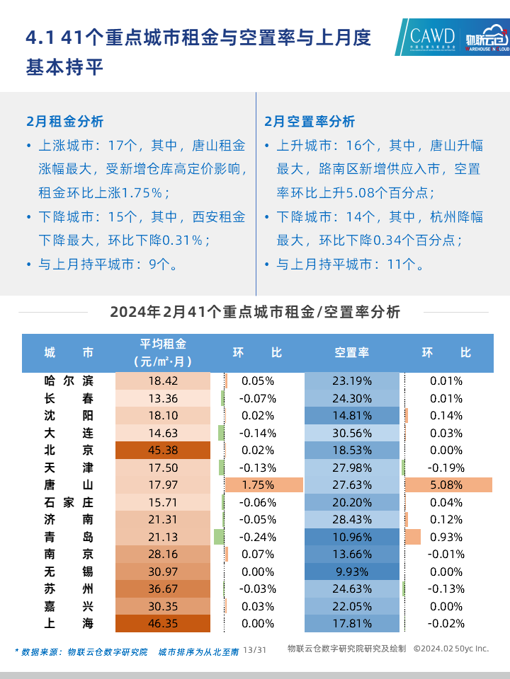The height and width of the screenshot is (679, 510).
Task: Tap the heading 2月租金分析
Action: [64, 121]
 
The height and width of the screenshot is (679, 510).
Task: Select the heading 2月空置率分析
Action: [310, 121]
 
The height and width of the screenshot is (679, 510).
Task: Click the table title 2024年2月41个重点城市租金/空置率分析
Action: [255, 312]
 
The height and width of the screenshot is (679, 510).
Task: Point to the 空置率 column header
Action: [352, 352]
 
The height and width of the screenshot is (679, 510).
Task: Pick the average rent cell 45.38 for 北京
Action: [163, 450]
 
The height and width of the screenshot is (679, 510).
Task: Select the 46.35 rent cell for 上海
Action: [163, 623]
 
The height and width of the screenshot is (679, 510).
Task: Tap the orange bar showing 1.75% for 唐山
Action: [263, 484]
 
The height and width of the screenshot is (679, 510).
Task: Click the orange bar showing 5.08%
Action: [448, 484]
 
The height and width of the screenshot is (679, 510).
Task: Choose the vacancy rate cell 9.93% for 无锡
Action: [352, 571]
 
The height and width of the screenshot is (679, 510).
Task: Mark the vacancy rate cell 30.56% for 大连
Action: [352, 433]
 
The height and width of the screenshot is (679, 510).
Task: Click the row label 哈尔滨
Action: [68, 381]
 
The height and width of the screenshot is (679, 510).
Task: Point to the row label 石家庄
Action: [68, 502]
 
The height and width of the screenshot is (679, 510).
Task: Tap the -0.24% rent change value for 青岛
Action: [257, 537]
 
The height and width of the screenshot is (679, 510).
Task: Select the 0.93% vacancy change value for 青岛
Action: [446, 537]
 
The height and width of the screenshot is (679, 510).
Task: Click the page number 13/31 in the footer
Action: [254, 649]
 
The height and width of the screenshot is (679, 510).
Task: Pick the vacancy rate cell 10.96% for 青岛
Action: [352, 537]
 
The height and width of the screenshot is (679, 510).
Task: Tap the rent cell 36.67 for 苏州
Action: [163, 588]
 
